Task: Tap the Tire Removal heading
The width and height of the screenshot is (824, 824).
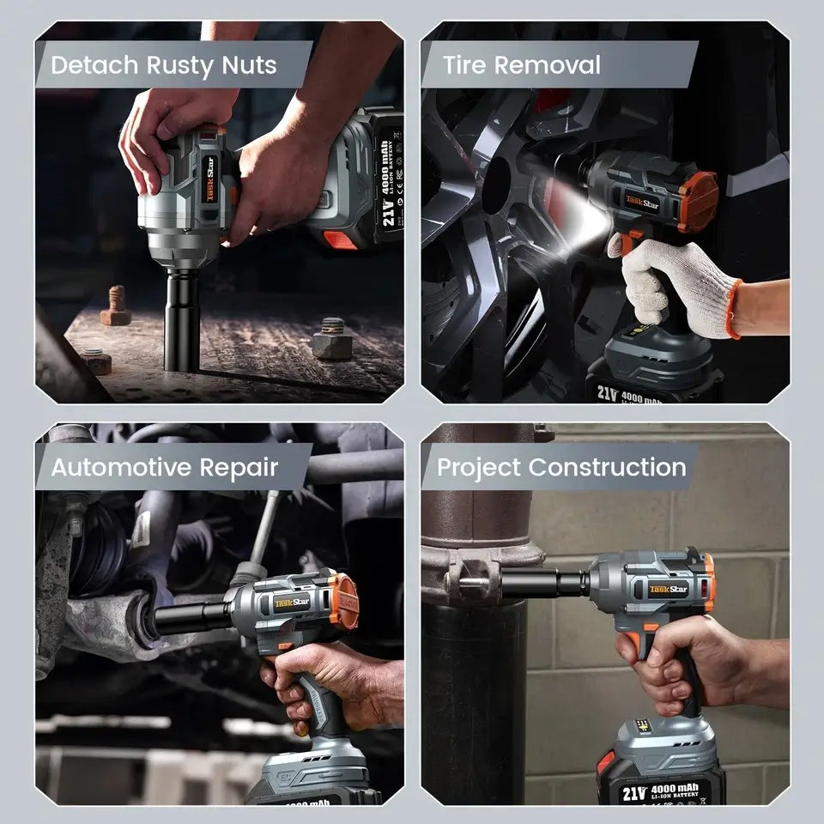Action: (521, 65)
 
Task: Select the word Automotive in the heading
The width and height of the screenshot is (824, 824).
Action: (122, 468)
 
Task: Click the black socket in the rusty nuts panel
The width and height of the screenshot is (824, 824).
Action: (181, 318)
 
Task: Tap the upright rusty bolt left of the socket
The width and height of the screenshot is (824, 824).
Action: (116, 306)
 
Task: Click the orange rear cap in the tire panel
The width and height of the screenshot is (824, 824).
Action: (696, 202)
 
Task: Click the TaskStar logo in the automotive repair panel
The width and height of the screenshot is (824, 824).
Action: (293, 603)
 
